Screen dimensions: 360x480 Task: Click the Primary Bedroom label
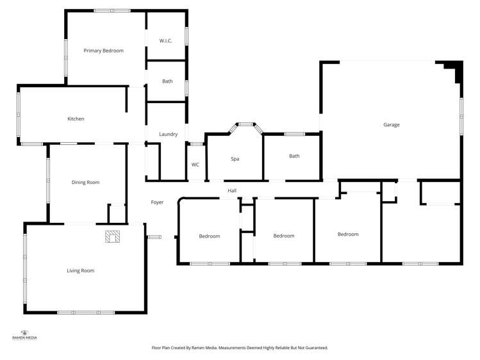pos(103,51)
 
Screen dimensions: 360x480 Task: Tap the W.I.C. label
pos(166,41)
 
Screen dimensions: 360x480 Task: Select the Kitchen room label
pos(76,119)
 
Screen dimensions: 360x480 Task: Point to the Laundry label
pos(168,134)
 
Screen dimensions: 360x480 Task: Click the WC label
pos(195,165)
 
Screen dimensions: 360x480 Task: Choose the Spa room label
pos(235,158)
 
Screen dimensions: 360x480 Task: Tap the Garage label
pos(391,125)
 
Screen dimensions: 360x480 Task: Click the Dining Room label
pos(85,183)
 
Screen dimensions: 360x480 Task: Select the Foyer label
pos(157,202)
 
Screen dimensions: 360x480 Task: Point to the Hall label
pos(232,190)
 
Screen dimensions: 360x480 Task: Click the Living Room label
pos(80,270)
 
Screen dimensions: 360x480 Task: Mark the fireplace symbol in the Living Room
pos(113,236)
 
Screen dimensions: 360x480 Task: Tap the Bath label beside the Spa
pos(294,156)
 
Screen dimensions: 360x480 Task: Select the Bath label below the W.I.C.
pos(167,81)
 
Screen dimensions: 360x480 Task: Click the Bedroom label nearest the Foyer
pos(209,236)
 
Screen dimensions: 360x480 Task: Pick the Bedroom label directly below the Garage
pos(348,234)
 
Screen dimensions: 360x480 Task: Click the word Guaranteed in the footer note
pos(316,348)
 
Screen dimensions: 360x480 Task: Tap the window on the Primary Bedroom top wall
pos(112,11)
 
